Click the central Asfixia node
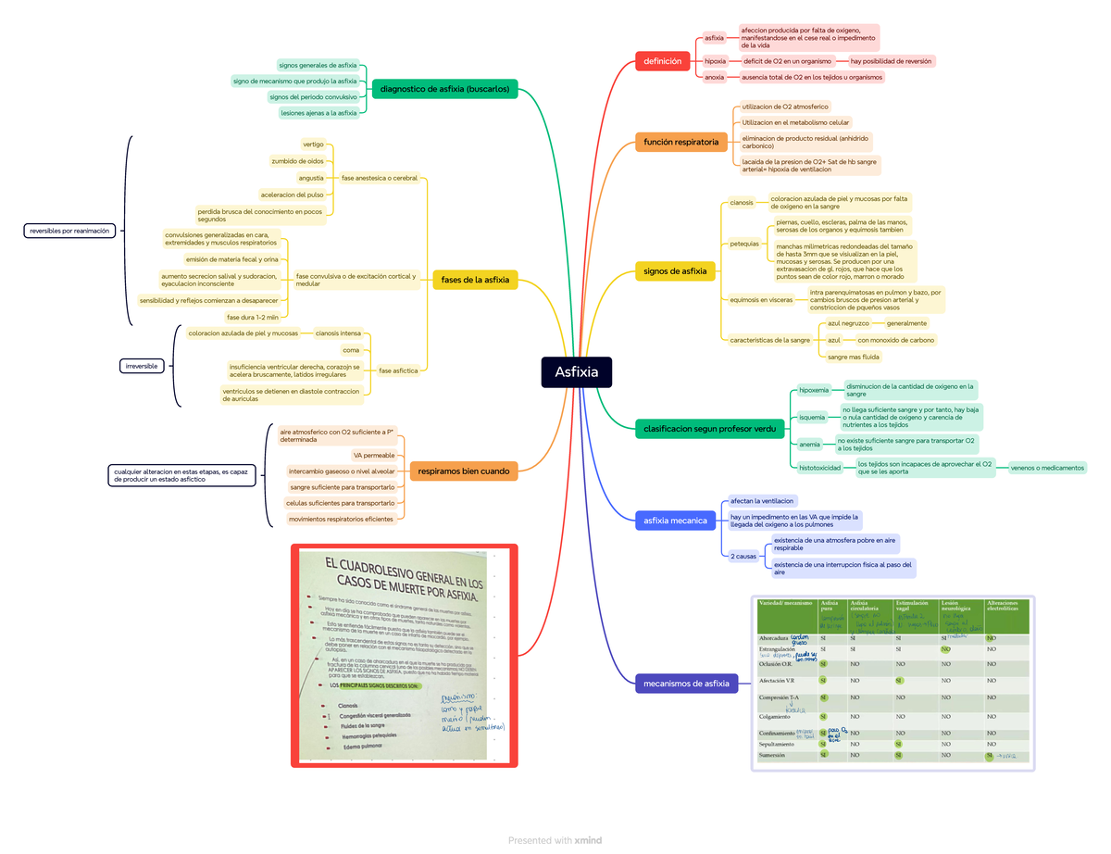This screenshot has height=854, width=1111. coord(576,372)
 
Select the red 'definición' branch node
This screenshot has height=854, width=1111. coord(662,62)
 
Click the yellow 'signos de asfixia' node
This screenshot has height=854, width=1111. coord(675,271)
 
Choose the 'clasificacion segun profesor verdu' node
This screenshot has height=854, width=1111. coord(708,428)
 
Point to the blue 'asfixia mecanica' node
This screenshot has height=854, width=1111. coord(676,521)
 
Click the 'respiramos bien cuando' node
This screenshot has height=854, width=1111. coord(463,471)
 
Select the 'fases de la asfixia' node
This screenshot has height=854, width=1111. coord(475,280)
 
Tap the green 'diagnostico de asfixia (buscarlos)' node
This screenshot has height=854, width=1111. coord(444,89)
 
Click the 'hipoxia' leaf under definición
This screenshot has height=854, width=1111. coord(715,61)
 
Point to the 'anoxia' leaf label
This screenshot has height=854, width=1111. coord(714,78)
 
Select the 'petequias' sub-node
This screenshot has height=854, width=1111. coord(744,244)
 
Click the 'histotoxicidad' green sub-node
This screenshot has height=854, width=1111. coord(820,469)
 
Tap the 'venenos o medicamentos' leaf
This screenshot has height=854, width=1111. coord(1048,468)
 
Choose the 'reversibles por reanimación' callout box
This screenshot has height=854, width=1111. coord(69,231)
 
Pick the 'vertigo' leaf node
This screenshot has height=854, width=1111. coord(313,144)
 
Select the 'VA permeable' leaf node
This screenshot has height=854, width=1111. coord(374,456)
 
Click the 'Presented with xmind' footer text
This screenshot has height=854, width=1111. coord(555,840)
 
